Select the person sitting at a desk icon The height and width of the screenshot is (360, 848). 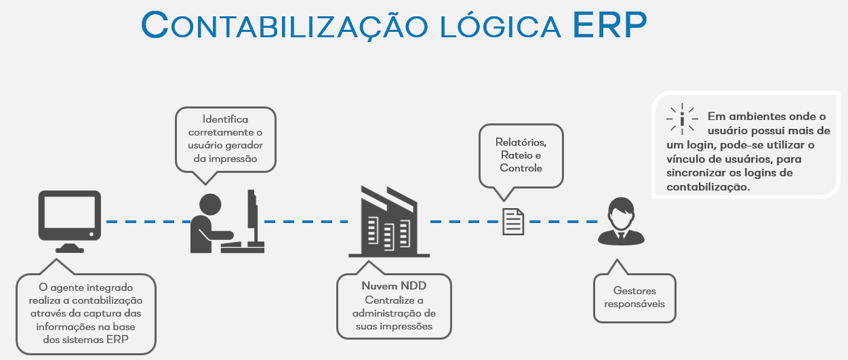point(224,220)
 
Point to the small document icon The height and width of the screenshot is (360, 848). point(513,221)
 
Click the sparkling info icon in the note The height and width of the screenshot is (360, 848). point(681,117)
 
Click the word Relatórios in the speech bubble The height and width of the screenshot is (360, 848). point(521,143)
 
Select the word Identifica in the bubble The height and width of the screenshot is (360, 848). point(226,120)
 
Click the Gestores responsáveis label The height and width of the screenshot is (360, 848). point(634,297)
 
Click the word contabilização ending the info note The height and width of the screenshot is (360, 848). point(707,187)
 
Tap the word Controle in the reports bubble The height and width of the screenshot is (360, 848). point(521,167)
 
